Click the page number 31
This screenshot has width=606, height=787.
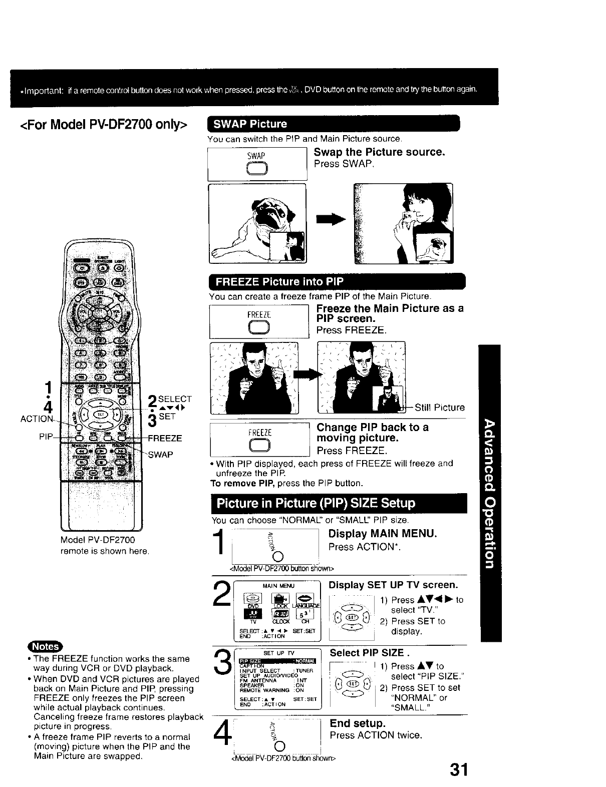(x=459, y=769)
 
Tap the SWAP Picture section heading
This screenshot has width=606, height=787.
(x=251, y=124)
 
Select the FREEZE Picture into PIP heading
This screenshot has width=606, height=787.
(x=279, y=281)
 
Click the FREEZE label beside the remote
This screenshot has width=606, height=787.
(x=165, y=439)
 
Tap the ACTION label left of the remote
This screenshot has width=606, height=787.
(x=36, y=419)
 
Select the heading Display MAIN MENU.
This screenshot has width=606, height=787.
(x=383, y=534)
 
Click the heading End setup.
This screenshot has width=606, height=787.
(x=358, y=723)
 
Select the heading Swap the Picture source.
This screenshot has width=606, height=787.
(x=379, y=152)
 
